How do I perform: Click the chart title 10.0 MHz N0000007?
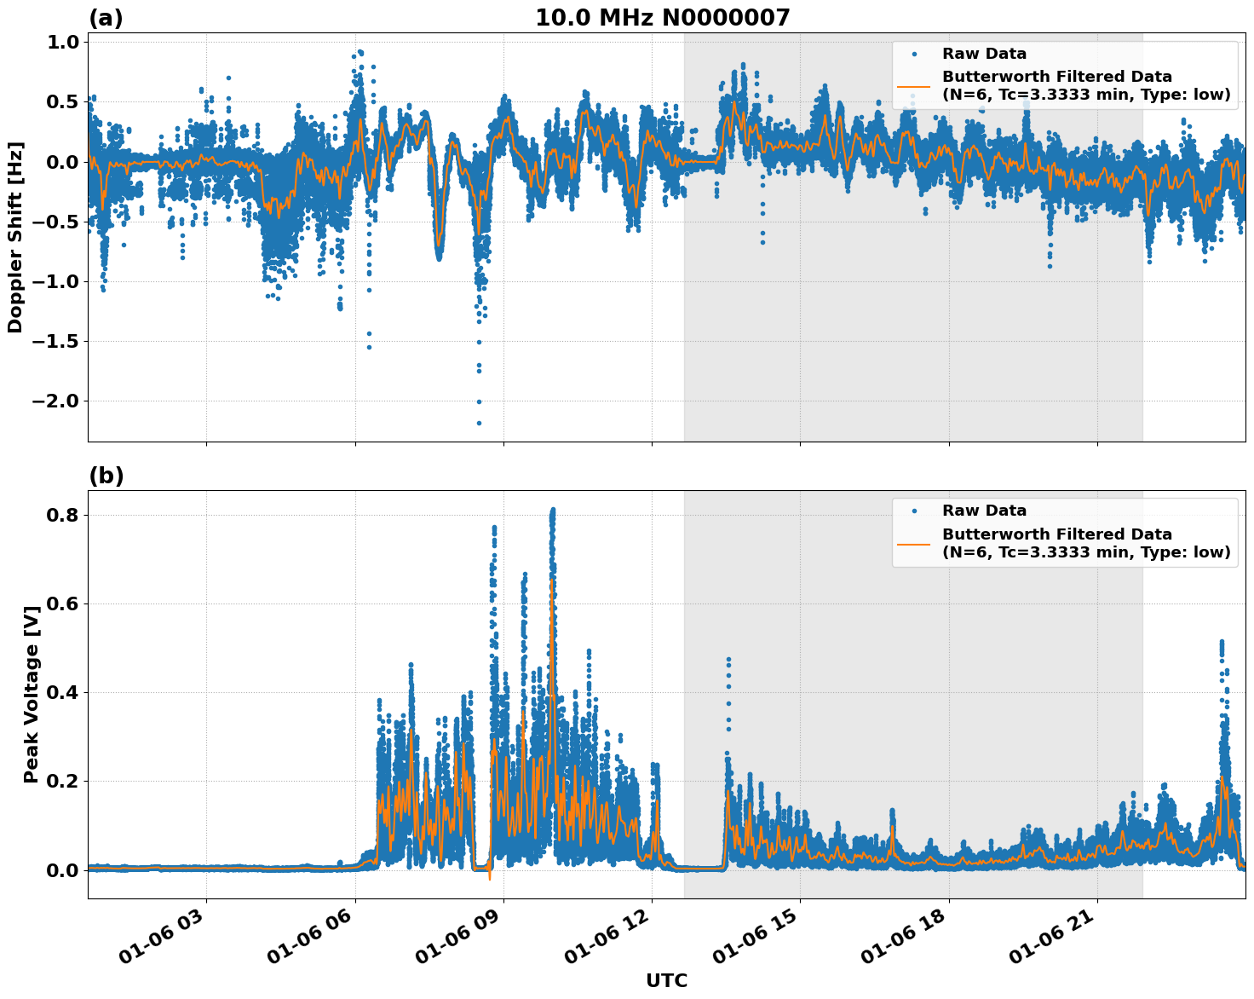pos(662,18)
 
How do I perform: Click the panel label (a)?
pos(106,18)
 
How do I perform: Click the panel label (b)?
pos(106,476)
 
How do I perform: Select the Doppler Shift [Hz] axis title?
pos(15,237)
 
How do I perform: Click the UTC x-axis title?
pos(666,980)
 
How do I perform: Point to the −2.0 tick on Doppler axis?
pos(55,401)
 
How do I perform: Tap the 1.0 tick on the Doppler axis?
pos(62,43)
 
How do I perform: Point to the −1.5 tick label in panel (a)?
pos(55,342)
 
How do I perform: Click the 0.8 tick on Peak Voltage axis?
pos(62,515)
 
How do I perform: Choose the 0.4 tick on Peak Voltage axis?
pos(62,692)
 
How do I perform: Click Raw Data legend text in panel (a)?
pos(984,54)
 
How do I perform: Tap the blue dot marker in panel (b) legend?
pos(914,511)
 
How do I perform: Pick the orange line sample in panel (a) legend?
pos(914,85)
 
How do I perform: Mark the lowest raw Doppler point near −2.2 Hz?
pos(479,423)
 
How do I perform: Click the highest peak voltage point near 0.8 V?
pos(553,510)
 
